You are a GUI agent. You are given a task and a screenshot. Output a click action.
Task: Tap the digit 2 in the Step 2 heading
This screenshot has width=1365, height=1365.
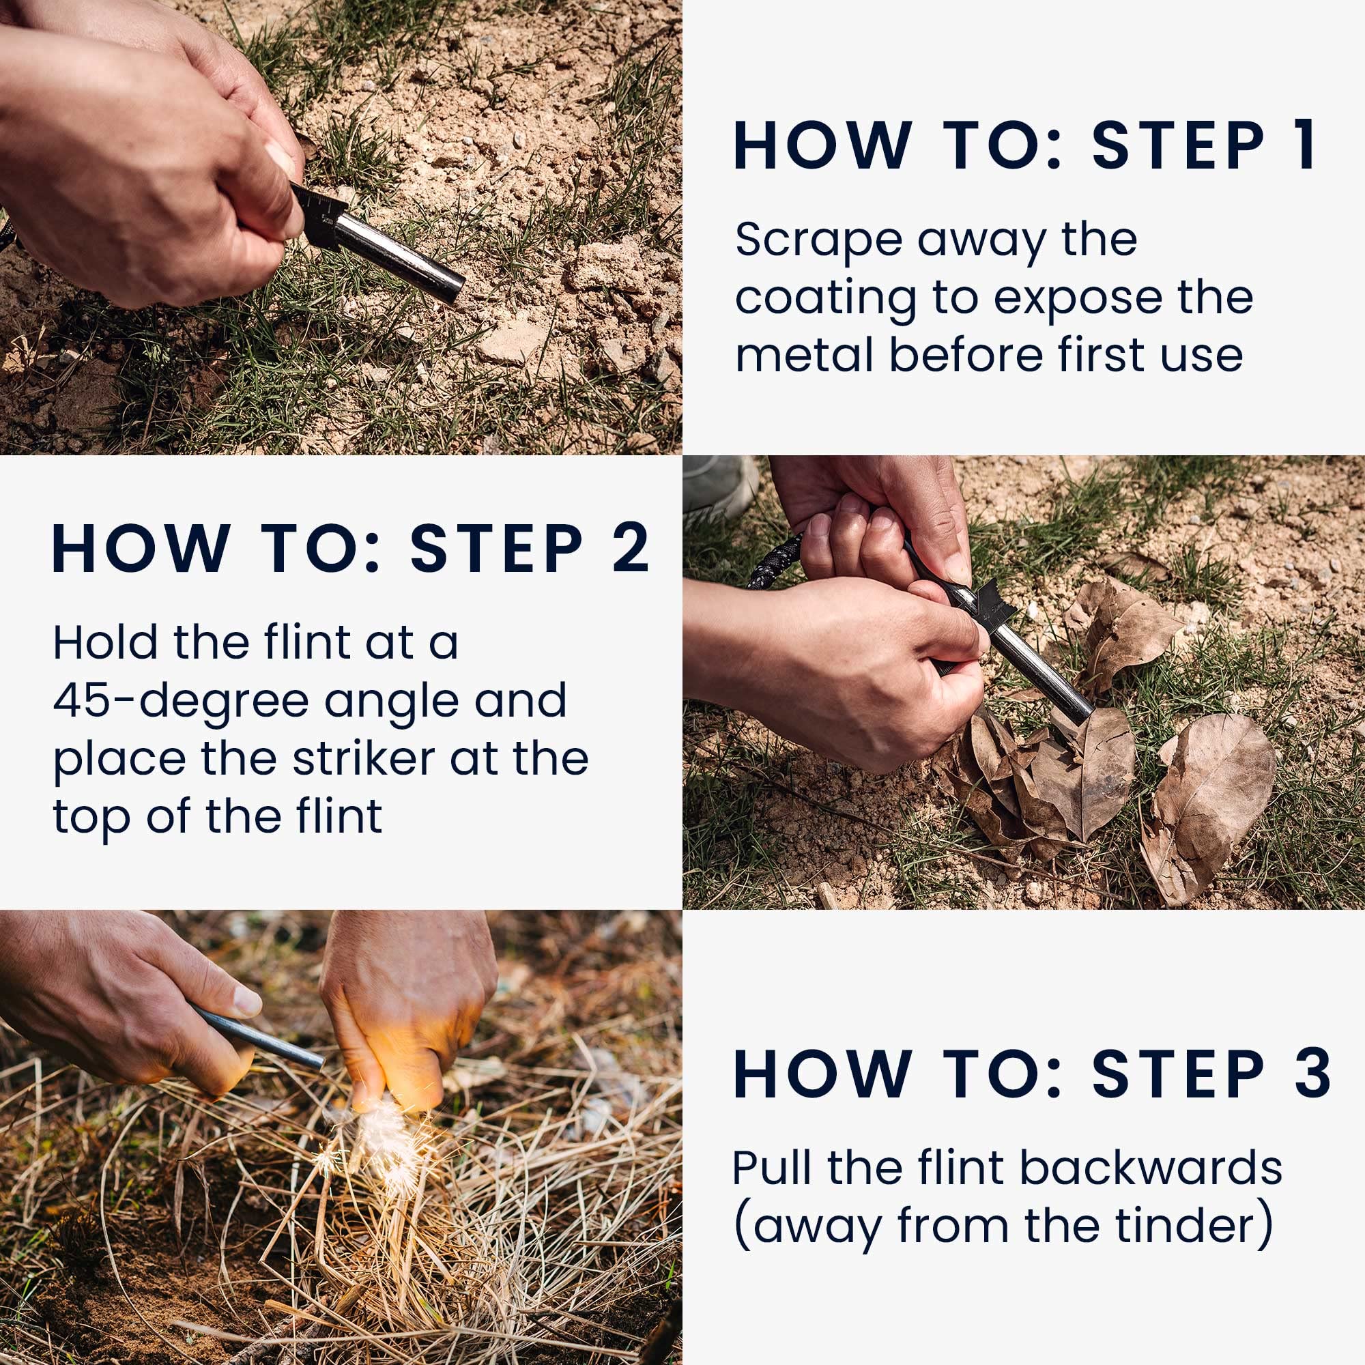[629, 548]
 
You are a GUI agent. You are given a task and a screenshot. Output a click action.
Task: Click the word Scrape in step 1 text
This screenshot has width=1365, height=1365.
[819, 240]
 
